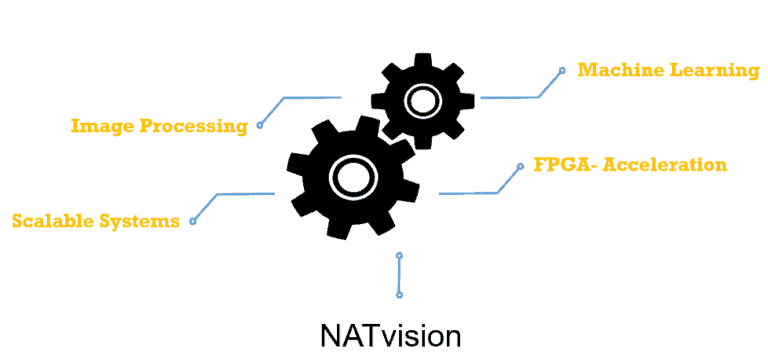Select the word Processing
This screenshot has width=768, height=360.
193,126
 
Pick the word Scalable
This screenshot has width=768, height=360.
52,220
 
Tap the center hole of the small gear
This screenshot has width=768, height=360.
421,100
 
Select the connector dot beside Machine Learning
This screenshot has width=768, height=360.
563,70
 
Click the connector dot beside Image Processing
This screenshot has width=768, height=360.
259,125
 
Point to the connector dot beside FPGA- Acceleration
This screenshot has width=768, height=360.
520,165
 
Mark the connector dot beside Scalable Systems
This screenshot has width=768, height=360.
192,220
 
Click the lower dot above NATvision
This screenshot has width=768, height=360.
399,294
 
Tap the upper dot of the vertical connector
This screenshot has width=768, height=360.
399,255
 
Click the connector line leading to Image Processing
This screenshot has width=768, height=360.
310,97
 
